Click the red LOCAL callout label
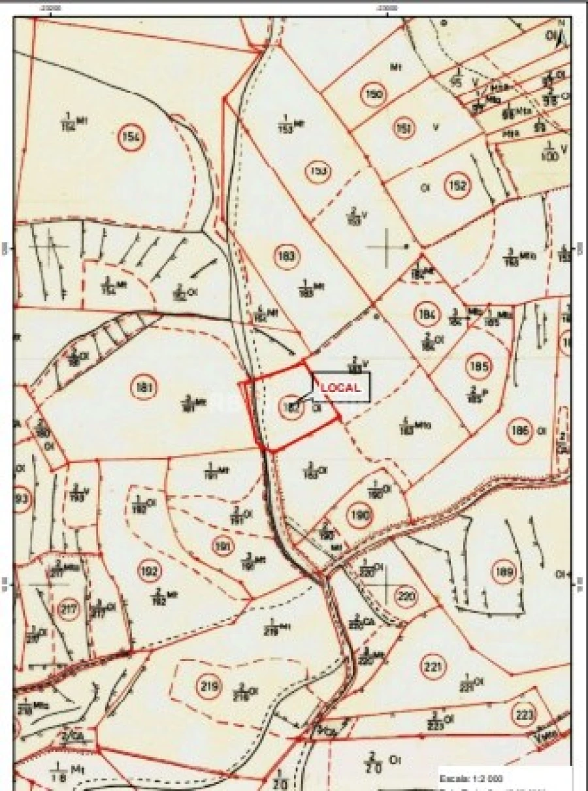pyautogui.click(x=340, y=387)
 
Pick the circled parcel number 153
pyautogui.click(x=319, y=172)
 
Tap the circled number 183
pyautogui.click(x=287, y=255)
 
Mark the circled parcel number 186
pyautogui.click(x=521, y=432)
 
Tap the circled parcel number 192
pyautogui.click(x=150, y=572)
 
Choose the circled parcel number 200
pyautogui.click(x=406, y=596)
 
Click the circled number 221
pyautogui.click(x=433, y=667)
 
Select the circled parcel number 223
pyautogui.click(x=525, y=713)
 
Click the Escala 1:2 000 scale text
pyautogui.click(x=471, y=779)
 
